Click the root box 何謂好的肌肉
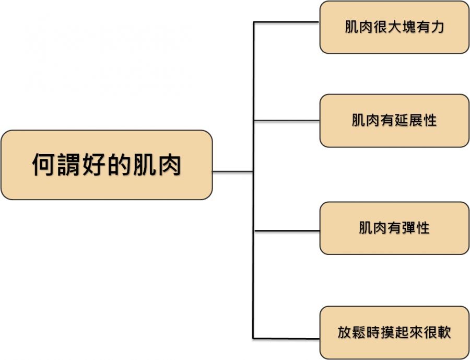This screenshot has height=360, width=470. coord(107,165)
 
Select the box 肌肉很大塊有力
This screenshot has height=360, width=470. coord(394,27)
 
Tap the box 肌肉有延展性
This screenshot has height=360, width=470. coord(394,121)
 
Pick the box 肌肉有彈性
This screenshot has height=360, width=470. coord(394,228)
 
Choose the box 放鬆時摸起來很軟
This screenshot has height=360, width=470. coord(394,332)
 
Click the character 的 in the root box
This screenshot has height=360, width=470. coord(119,165)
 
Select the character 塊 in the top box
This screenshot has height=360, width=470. coord(408,27)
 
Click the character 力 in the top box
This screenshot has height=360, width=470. coord(437,27)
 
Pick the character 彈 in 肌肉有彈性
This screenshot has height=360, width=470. coord(408,228)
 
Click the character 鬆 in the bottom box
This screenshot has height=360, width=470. coord(359,332)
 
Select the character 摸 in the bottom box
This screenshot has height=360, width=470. coord(387,332)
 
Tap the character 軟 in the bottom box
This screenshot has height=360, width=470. coord(444,332)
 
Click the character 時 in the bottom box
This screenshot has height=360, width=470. coord(373,332)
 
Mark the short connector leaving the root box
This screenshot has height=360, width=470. coord(233,171)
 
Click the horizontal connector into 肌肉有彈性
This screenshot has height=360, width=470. coord(287,230)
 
